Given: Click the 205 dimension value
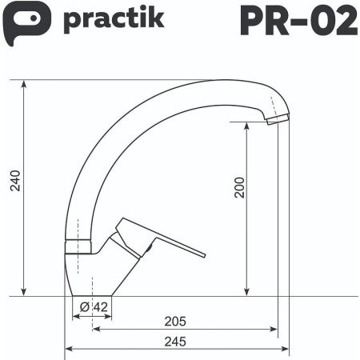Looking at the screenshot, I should coord(174,322).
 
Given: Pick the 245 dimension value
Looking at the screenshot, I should coord(174,342).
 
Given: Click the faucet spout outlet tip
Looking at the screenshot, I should coord(278,118).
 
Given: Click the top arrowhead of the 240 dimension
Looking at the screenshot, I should coord(24,84).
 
